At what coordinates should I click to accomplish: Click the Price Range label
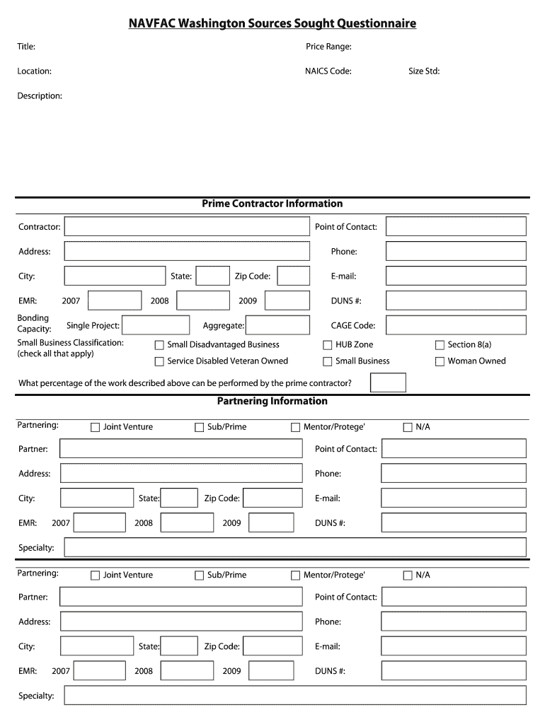328,47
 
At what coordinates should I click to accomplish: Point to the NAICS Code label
328,71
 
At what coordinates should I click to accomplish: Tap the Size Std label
424,71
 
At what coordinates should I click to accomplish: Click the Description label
40,96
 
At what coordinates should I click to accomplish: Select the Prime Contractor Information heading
272,204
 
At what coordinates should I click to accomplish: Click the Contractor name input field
187,227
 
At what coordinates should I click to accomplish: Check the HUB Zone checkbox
328,345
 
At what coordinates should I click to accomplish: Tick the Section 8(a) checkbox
440,345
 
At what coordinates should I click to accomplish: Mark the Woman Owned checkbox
440,361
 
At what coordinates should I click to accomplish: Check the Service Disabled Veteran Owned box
159,361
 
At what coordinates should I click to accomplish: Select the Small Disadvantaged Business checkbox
159,345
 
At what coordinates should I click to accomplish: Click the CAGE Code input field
456,325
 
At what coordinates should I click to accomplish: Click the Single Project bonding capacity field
156,325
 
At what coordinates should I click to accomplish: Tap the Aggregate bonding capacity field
277,325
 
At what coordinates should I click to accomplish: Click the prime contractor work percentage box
388,383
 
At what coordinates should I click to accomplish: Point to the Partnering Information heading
272,402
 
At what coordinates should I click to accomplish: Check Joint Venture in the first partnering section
95,427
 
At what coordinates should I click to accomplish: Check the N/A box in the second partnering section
407,576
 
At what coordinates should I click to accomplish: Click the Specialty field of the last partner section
294,696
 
